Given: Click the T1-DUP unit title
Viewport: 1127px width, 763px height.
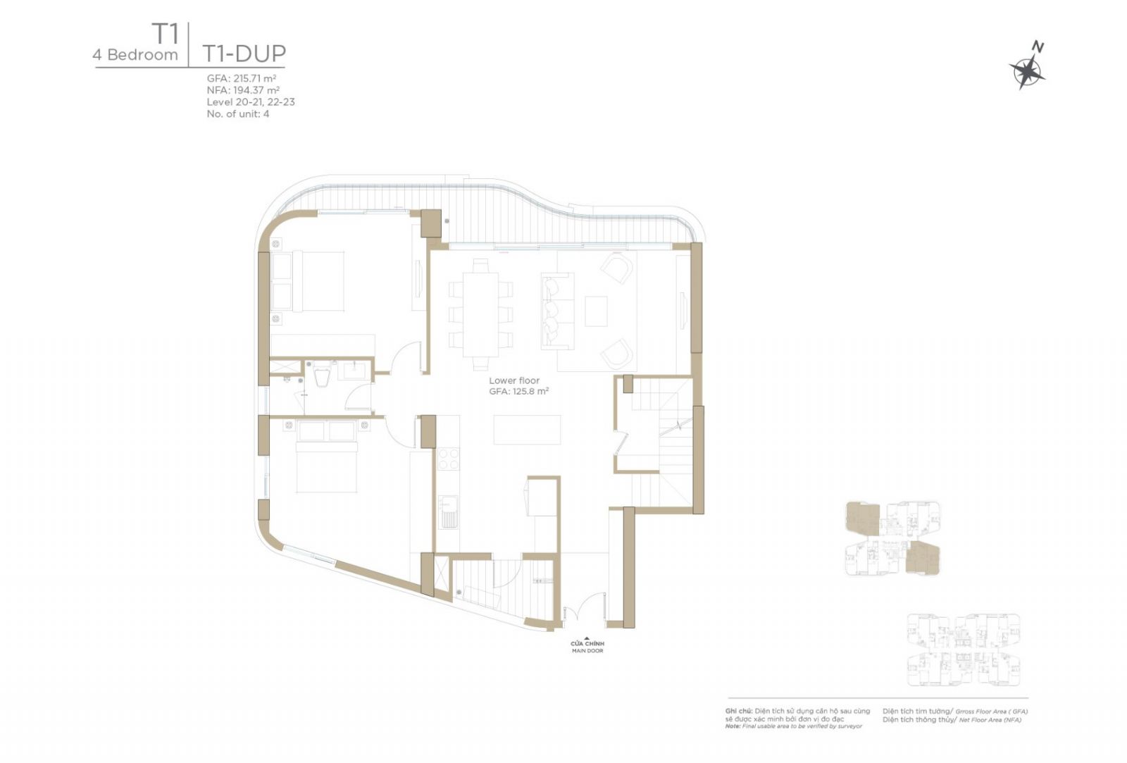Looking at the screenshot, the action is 244,54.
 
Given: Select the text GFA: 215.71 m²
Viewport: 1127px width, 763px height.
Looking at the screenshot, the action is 242,78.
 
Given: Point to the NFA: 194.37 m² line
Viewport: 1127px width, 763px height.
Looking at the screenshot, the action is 243,90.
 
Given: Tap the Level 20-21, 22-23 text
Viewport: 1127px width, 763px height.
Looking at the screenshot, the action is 251,101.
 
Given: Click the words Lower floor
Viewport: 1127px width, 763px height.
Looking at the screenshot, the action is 513,380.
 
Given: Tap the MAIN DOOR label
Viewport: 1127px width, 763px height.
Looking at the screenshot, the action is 587,651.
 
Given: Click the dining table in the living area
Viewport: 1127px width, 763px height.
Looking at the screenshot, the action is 480,314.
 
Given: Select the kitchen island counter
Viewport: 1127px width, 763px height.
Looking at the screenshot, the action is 527,429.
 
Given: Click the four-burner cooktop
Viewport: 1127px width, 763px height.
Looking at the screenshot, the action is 448,458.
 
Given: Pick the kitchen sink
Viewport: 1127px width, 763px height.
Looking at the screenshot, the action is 448,512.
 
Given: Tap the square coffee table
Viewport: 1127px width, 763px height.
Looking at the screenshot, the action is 596,311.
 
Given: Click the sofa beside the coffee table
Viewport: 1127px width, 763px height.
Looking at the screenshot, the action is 557,311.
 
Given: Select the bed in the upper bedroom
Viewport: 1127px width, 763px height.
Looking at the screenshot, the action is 307,282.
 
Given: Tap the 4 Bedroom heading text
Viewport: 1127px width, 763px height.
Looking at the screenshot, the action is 135,55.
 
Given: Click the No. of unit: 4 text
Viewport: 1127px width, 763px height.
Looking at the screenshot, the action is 238,113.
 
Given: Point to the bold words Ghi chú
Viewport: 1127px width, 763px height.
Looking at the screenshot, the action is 739,711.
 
